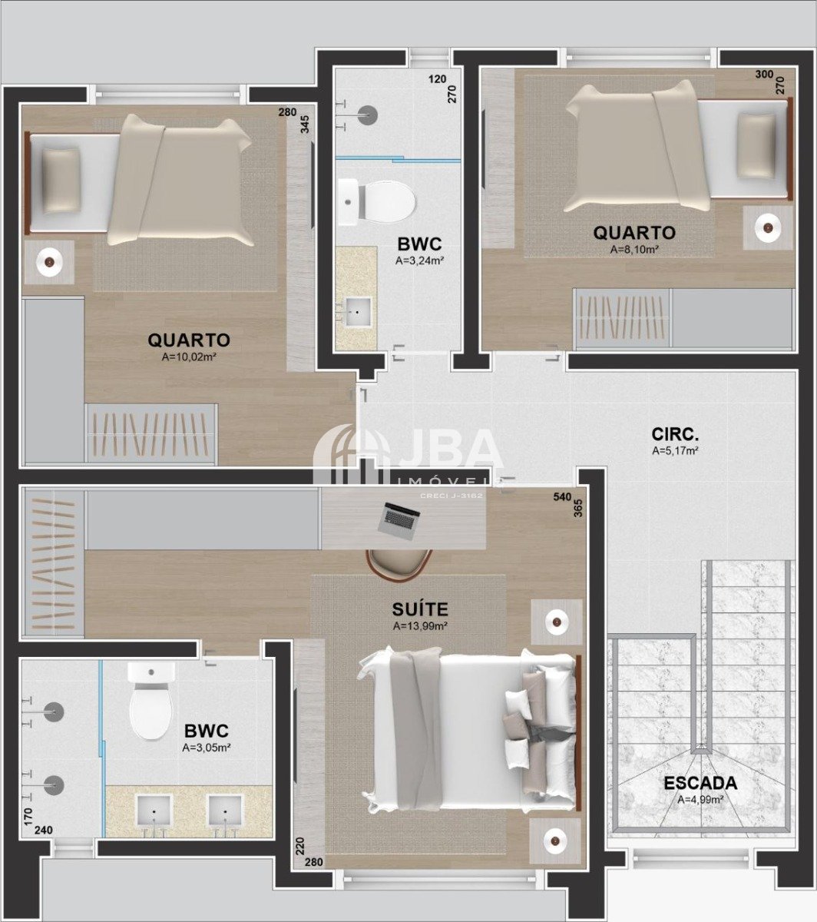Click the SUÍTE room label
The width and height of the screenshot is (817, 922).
click(420, 609)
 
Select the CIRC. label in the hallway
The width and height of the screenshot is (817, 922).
click(675, 434)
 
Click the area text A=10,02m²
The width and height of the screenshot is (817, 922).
click(188, 357)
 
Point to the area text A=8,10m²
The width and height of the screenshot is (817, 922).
click(634, 250)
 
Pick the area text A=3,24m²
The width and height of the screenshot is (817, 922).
click(419, 260)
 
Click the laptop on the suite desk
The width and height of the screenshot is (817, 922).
click(399, 521)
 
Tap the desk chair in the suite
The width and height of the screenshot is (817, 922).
click(399, 565)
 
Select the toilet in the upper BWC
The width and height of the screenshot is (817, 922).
click(377, 202)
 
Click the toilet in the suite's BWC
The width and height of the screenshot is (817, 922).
click(150, 699)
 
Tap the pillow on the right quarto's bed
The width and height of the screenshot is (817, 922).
click(756, 146)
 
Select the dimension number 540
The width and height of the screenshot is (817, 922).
click(562, 497)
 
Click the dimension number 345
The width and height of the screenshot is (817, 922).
click(305, 124)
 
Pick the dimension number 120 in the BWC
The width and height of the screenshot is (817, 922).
click(437, 79)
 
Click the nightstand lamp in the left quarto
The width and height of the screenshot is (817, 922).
click(49, 262)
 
